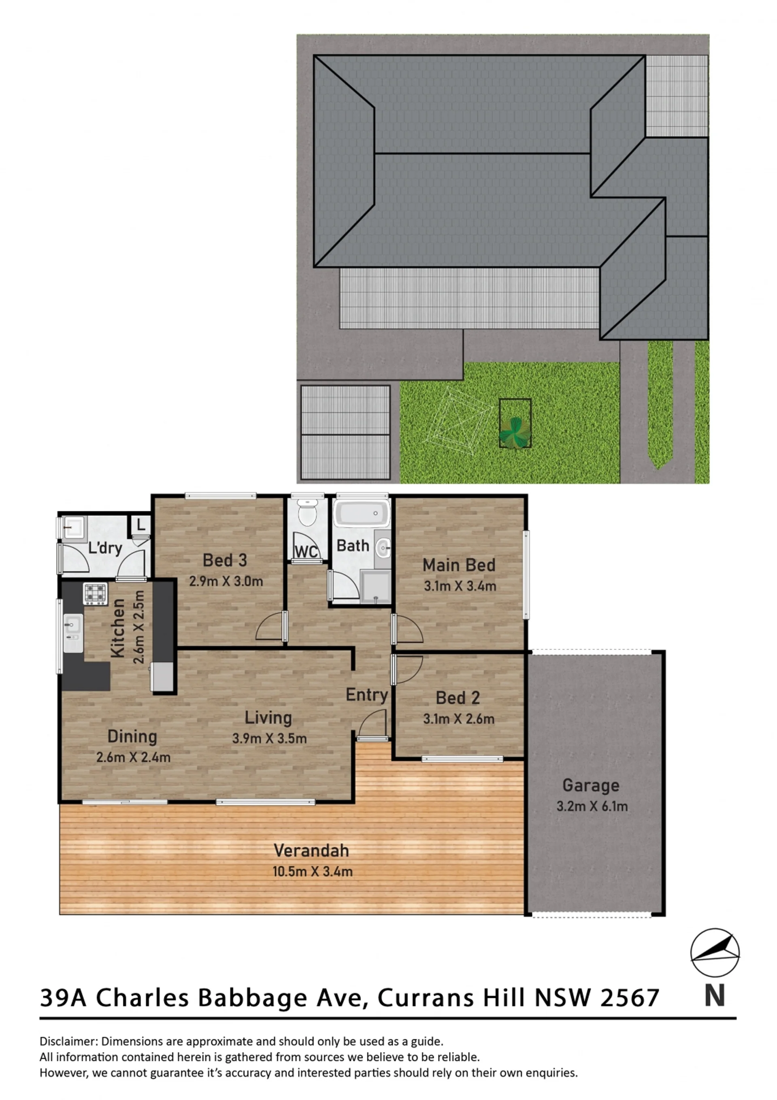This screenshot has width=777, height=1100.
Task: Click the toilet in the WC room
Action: (x=308, y=512)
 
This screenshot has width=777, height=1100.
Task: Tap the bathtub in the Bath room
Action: (x=362, y=514)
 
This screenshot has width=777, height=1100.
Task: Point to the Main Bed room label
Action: (x=459, y=565)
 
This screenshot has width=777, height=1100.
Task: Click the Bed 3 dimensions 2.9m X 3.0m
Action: (x=226, y=582)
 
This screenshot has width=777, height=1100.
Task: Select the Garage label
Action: (x=591, y=786)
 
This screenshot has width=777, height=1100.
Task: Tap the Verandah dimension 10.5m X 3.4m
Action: (x=313, y=872)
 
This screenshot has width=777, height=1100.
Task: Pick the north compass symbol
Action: (x=715, y=953)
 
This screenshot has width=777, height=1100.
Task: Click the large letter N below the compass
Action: (x=714, y=996)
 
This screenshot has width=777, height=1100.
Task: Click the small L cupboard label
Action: (x=141, y=524)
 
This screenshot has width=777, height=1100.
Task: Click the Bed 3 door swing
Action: (x=270, y=627)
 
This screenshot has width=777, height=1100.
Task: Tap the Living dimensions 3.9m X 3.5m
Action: (x=270, y=738)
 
